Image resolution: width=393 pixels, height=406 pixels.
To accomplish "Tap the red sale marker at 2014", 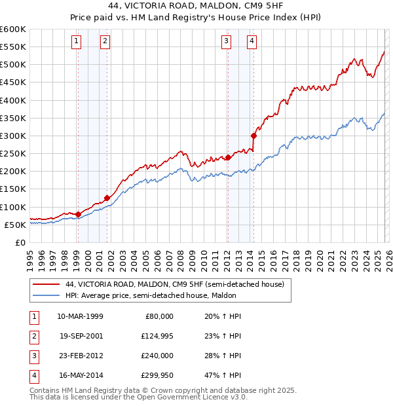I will point(253,136).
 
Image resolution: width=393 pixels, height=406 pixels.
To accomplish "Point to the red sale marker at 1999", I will point(78,214).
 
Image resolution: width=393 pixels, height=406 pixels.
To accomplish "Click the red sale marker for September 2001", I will point(106,198).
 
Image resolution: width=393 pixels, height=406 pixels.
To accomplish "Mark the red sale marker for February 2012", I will point(228,157).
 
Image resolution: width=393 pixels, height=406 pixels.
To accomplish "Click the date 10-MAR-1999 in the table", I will point(80,316).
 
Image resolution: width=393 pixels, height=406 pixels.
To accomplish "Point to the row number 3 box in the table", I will point(33,356).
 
